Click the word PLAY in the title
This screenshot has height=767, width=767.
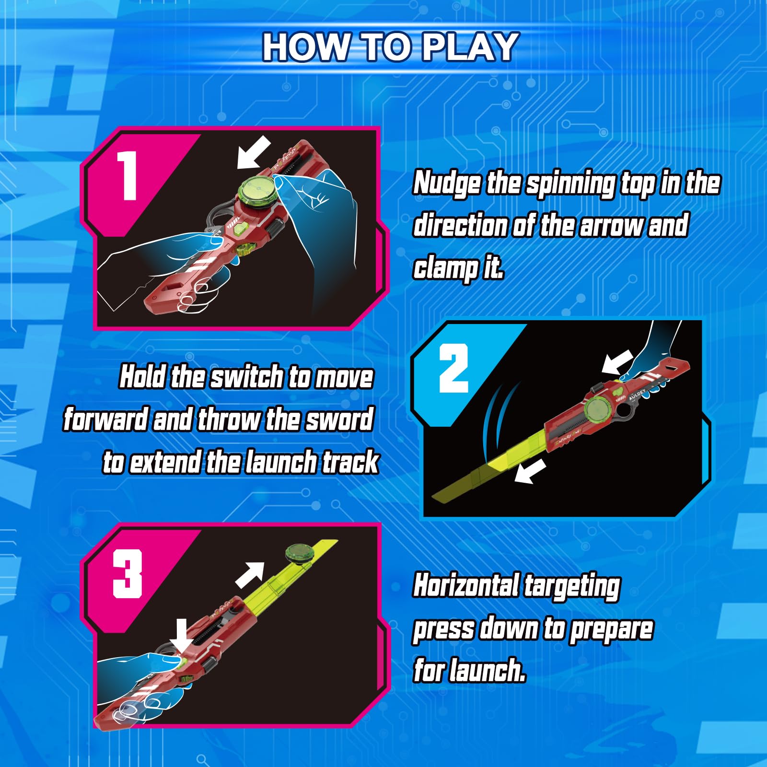470,47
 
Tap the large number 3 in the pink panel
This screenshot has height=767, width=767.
128,573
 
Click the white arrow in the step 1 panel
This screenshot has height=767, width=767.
254,152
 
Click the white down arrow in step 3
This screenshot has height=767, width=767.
181,636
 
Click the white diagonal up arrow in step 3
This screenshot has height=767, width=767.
250,575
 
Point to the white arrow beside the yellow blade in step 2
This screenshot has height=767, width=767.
530,471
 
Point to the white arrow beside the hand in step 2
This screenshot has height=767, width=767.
617,362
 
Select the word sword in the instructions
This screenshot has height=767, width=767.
340,419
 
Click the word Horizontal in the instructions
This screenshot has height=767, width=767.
466,585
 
